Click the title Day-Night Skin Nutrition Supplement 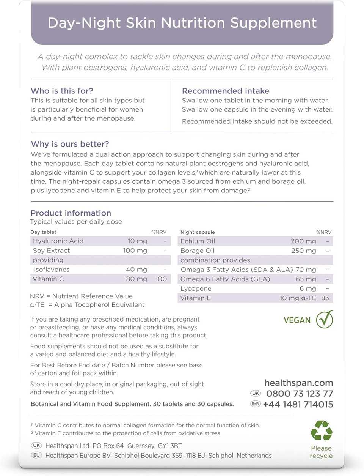click(182, 23)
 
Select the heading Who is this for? click(62, 91)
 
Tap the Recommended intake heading click(226, 91)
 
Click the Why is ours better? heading click(70, 144)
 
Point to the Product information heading click(71, 213)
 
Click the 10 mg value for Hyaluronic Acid click(137, 241)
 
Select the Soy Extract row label click(52, 251)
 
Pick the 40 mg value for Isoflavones click(136, 270)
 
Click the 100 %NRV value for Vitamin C click(161, 279)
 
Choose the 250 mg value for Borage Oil click(303, 251)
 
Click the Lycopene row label click(196, 288)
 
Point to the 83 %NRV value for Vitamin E click(325, 298)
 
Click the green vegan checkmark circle click(325, 319)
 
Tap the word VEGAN click(297, 320)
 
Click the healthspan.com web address click(298, 383)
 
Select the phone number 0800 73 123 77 click(300, 394)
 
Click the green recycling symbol click(321, 431)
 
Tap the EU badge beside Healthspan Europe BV click(36, 455)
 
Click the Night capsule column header click(198, 232)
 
